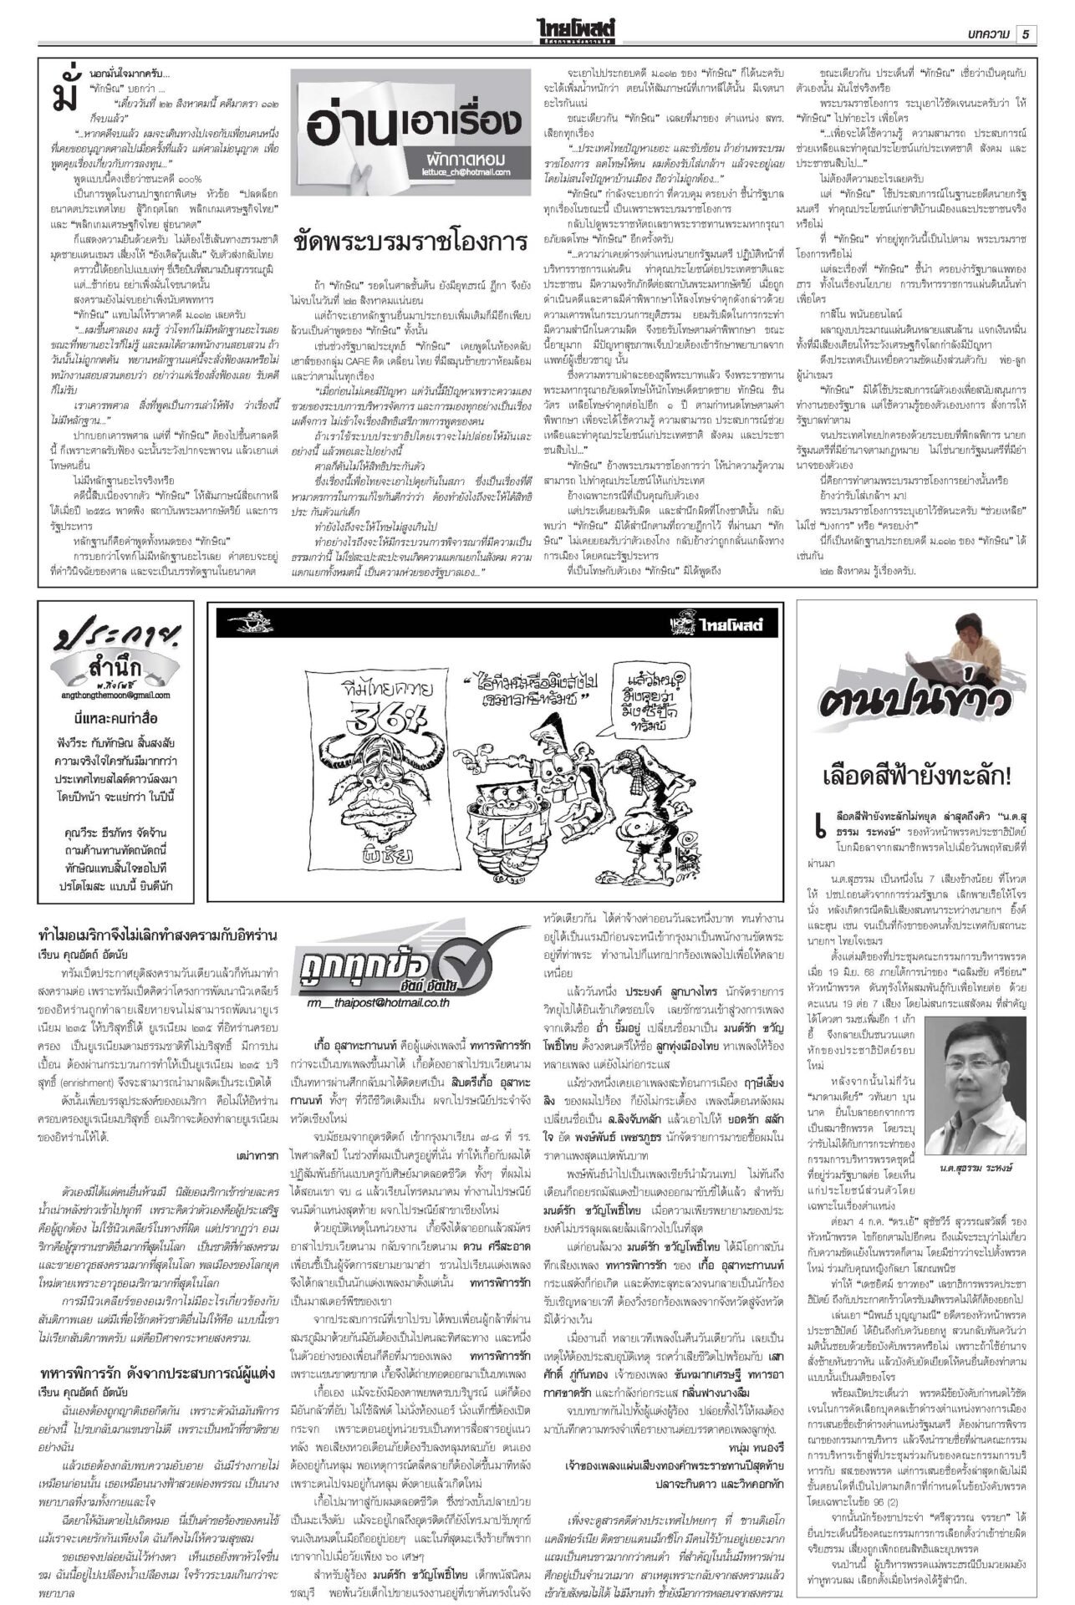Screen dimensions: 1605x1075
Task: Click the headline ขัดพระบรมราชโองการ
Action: click(x=410, y=241)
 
